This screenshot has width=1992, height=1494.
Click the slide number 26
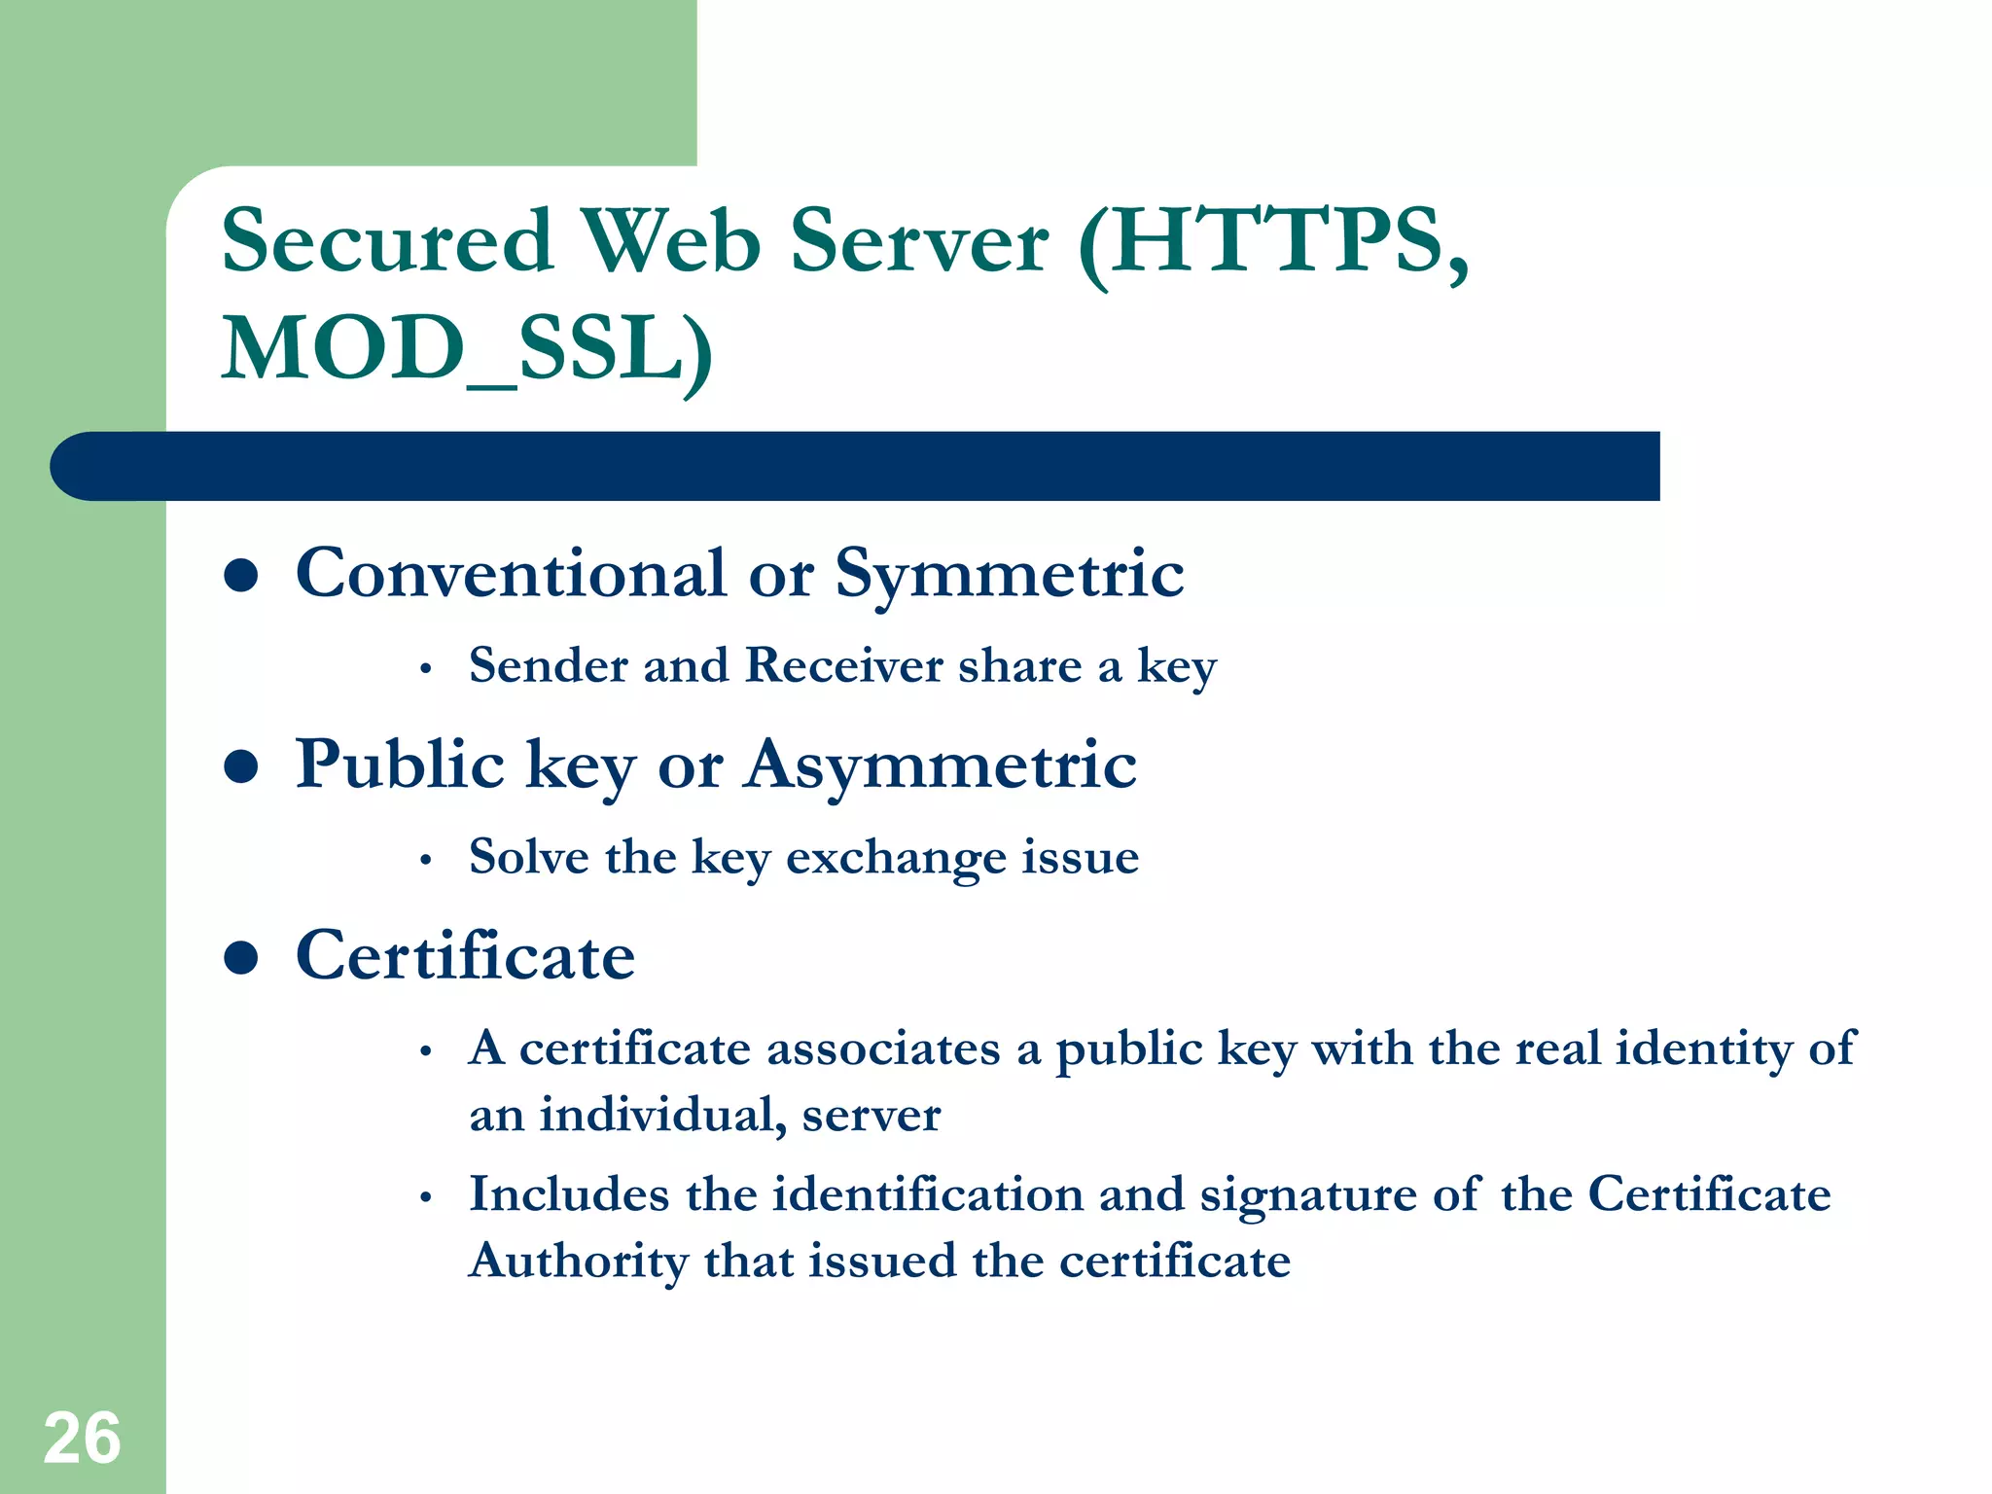coord(82,1438)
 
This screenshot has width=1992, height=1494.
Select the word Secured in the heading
coord(387,240)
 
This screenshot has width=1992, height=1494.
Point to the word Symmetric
coord(1010,574)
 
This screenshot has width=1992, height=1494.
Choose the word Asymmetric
coord(941,765)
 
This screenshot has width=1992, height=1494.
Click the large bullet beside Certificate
coord(240,958)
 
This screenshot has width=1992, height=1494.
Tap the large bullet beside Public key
coord(240,766)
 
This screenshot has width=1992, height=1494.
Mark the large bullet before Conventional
coord(240,575)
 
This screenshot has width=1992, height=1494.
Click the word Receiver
coord(843,666)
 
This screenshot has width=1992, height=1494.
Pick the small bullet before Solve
coord(425,861)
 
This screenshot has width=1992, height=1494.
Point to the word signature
coord(1308,1195)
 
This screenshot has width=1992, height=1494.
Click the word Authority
coord(579,1262)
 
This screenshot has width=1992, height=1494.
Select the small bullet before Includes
coord(425,1198)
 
